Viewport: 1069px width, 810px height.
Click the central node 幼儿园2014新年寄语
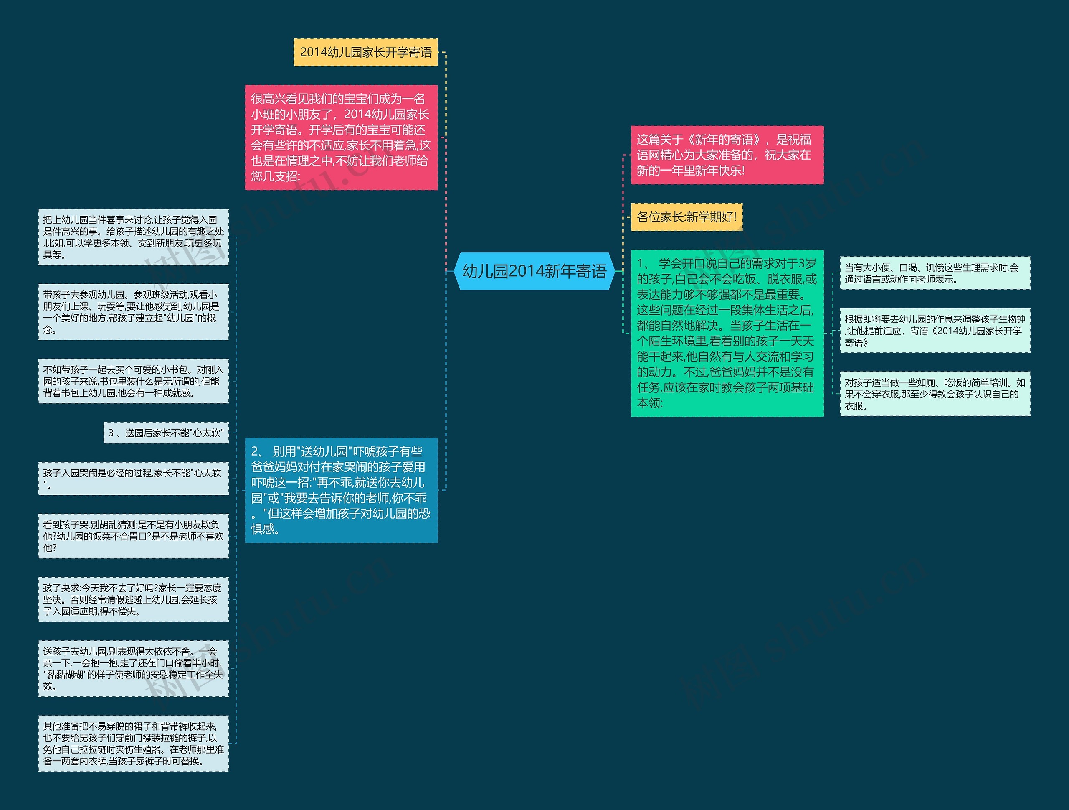[534, 271]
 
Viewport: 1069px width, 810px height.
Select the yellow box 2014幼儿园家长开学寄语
[365, 52]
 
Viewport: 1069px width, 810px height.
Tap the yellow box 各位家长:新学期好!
[686, 217]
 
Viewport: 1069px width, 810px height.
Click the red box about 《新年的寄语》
[727, 155]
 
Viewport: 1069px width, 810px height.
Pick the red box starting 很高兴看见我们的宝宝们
[341, 138]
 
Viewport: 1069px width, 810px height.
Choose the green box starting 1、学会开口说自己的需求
[727, 333]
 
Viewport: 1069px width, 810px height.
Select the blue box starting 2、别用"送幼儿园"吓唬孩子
[341, 490]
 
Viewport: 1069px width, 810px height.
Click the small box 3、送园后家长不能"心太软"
[166, 433]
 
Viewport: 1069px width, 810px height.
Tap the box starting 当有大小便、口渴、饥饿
[935, 273]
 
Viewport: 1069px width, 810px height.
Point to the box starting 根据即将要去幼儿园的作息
[935, 331]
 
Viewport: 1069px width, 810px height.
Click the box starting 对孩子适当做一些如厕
[935, 394]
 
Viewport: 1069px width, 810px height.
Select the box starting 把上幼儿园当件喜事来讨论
[133, 237]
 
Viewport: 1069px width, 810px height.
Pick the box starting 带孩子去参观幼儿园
[133, 312]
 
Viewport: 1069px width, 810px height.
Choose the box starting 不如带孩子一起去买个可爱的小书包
[133, 381]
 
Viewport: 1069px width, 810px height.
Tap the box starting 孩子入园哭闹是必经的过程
[133, 479]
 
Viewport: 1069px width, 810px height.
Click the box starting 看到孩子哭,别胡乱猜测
[133, 536]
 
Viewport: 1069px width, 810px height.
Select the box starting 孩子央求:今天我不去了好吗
[133, 599]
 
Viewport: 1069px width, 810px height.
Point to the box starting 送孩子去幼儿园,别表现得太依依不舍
[133, 668]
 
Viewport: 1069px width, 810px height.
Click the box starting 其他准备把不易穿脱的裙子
[133, 743]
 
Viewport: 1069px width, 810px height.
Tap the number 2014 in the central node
[526, 271]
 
